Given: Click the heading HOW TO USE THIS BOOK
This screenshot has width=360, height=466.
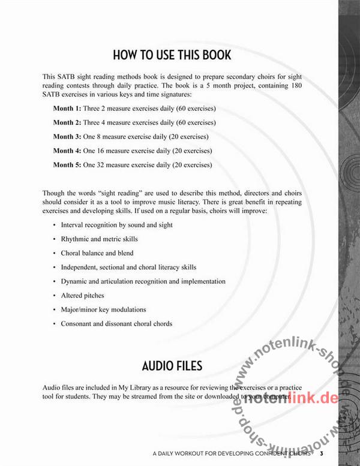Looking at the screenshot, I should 172,56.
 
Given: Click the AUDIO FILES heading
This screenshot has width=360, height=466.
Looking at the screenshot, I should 172,365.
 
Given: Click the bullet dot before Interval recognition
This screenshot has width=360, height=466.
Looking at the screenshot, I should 54,226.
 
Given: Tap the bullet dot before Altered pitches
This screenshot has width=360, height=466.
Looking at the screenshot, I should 54,296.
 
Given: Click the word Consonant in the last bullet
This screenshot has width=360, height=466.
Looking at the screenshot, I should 77,324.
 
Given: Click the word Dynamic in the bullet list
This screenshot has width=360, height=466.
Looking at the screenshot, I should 74,281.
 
